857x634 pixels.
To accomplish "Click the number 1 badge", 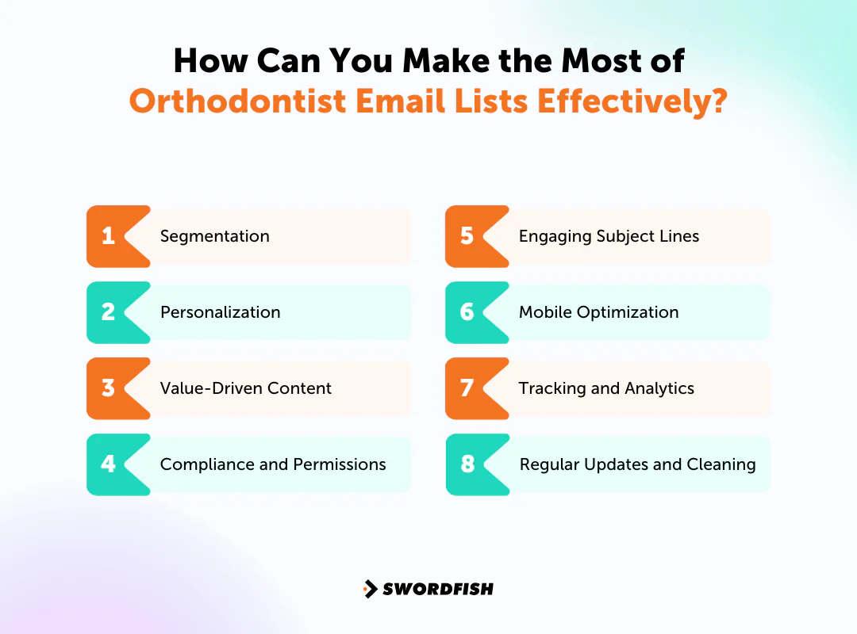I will click(109, 236).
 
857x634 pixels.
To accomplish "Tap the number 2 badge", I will click(109, 312).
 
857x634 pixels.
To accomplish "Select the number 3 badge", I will click(109, 388).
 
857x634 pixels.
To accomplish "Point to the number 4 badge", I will click(109, 464).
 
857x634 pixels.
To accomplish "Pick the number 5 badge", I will click(467, 236).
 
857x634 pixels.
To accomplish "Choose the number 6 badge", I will click(467, 312).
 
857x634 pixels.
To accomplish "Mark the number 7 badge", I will click(467, 388).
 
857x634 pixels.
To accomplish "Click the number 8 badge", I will click(467, 464).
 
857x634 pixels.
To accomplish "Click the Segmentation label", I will click(214, 236).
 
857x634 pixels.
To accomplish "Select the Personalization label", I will click(220, 312).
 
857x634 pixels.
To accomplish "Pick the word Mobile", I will click(545, 312).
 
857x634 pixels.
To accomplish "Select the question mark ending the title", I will click(717, 102).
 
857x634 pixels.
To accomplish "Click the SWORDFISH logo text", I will click(438, 589).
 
